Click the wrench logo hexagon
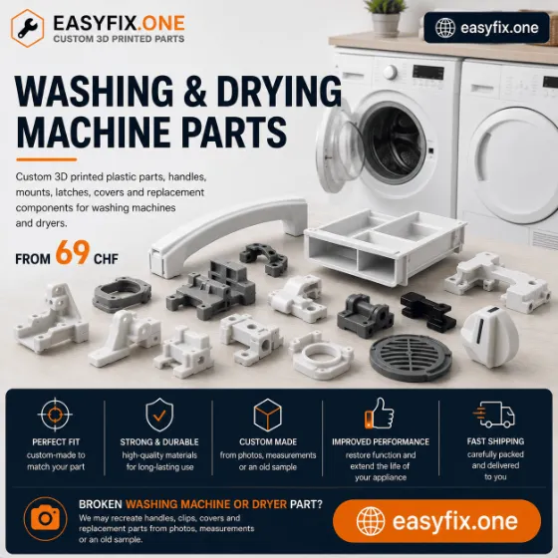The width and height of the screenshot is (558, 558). tap(28, 28)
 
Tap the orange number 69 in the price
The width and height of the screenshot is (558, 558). tap(72, 252)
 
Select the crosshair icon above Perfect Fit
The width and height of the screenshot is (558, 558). tap(55, 415)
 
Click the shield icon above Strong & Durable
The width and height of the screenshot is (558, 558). tap(159, 415)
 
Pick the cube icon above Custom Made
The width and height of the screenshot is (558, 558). tap(267, 415)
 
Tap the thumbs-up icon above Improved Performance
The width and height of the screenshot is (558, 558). tap(379, 414)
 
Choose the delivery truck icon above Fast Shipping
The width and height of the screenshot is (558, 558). tap(494, 415)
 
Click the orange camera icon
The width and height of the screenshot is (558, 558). tap(45, 518)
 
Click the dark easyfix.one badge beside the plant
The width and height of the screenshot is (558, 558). tap(486, 28)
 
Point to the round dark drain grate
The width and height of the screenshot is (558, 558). tap(411, 358)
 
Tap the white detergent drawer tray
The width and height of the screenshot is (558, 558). tap(385, 245)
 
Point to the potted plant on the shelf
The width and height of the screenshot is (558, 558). tap(386, 17)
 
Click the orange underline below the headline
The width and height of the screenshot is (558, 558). tap(46, 159)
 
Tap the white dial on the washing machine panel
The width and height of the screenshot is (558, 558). tap(390, 72)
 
